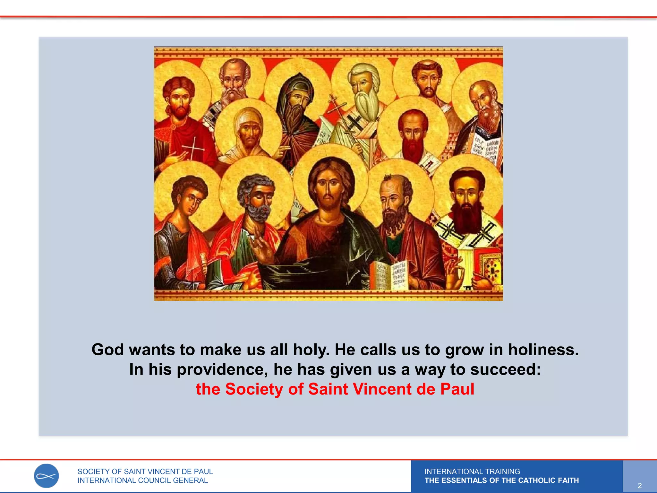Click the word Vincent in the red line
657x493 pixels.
point(382,389)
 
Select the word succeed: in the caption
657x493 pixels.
point(506,369)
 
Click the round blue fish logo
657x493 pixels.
point(47,476)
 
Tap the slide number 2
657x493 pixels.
point(639,486)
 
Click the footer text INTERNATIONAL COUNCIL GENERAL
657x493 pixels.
point(143,480)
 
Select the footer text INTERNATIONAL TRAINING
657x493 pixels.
point(472,471)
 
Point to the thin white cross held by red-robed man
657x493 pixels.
point(193,148)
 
